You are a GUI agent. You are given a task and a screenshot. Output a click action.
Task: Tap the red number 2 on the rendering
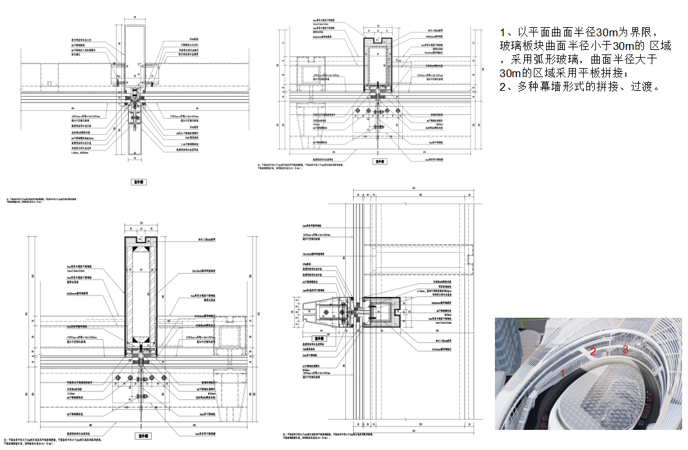click(593, 351)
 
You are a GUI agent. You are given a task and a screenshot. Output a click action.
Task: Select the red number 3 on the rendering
click(625, 349)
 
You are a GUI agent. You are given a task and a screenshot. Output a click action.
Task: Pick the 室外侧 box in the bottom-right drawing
click(318, 338)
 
